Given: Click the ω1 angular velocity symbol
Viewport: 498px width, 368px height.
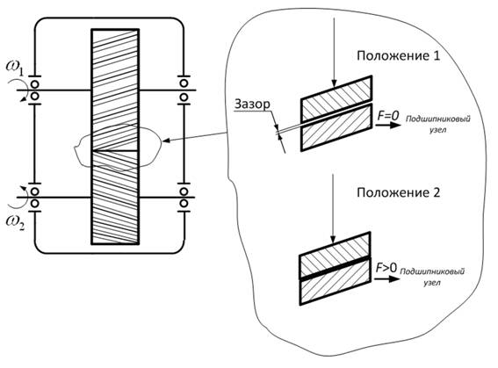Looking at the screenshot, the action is (x=15, y=68).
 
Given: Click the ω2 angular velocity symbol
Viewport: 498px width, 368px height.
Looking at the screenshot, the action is (x=15, y=221).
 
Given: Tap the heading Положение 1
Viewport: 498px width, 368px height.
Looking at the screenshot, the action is (x=398, y=56).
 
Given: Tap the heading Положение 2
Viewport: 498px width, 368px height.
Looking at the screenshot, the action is (x=398, y=192).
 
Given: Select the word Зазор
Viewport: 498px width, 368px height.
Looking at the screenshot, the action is (x=252, y=105).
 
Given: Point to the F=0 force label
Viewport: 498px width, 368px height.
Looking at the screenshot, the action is (x=388, y=116).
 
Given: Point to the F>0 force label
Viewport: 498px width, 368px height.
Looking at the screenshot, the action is (x=386, y=268).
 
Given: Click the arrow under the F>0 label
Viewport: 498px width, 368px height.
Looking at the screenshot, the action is (x=386, y=279).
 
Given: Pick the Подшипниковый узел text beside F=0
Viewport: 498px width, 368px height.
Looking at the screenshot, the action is (x=438, y=124).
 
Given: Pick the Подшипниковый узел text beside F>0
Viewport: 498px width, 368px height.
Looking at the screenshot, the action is (x=432, y=277).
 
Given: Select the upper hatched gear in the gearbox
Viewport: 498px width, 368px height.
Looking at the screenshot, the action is (x=115, y=90).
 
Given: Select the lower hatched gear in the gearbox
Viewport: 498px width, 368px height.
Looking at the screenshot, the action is (x=115, y=198).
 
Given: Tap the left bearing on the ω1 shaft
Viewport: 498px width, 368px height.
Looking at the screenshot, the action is (x=34, y=90).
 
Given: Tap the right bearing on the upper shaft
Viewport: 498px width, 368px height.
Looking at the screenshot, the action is (x=184, y=90).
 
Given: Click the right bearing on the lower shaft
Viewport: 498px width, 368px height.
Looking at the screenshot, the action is (x=184, y=198).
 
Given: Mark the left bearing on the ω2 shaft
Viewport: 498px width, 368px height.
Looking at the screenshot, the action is (x=34, y=198).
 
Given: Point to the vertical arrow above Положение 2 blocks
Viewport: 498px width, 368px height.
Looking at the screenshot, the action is (x=333, y=209).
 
